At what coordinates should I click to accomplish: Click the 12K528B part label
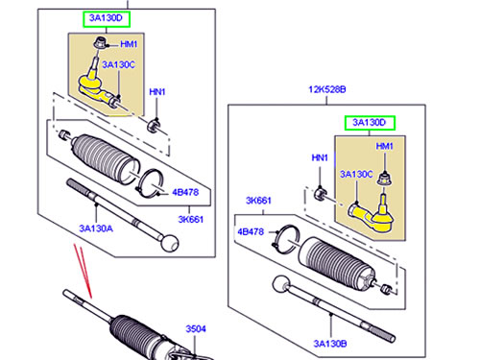point(327,89)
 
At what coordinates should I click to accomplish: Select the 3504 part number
point(196,328)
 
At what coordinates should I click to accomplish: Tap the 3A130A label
point(96,228)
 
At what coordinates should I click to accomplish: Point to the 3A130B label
point(330,344)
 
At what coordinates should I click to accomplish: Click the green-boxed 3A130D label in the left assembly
point(107,19)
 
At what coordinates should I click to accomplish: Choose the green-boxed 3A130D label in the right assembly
point(370,123)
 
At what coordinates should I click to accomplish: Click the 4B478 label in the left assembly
point(185,192)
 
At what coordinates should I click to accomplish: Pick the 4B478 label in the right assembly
point(251,231)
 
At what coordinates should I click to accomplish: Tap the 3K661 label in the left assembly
point(191,219)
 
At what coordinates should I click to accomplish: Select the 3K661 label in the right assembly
point(258,201)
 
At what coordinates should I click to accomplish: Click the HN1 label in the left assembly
point(157,92)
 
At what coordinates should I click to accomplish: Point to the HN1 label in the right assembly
point(320,157)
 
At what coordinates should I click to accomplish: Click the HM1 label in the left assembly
point(129,44)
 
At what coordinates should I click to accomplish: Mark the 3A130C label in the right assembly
point(356,174)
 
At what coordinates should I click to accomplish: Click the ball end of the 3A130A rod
point(169,243)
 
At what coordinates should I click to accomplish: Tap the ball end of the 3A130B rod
point(281,284)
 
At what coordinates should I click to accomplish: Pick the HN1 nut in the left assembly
point(154,125)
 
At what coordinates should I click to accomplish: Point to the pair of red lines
point(83,271)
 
